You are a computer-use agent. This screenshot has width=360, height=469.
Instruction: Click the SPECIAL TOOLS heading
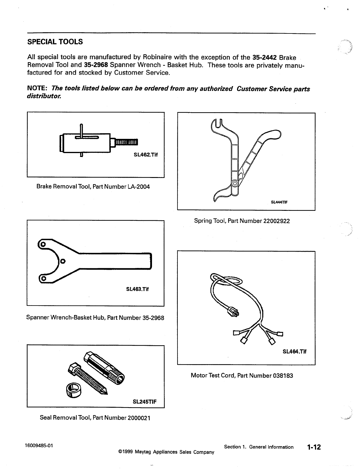coord(55,42)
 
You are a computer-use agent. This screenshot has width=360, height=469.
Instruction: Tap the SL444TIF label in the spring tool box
coord(279,203)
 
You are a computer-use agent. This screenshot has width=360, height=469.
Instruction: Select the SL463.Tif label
coord(137,289)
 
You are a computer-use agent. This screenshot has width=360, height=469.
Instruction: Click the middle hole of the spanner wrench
coord(63,261)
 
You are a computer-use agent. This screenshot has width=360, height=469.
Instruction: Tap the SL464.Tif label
coord(294,352)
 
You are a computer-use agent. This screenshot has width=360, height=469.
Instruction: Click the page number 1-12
coord(314,447)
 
